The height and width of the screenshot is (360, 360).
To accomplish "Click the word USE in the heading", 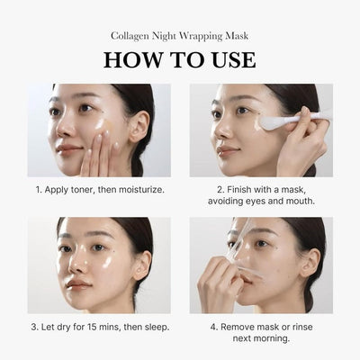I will click(x=231, y=60).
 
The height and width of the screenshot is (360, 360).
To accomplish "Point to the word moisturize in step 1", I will click(x=139, y=191).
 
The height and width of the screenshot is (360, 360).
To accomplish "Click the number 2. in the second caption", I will click(x=220, y=191).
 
